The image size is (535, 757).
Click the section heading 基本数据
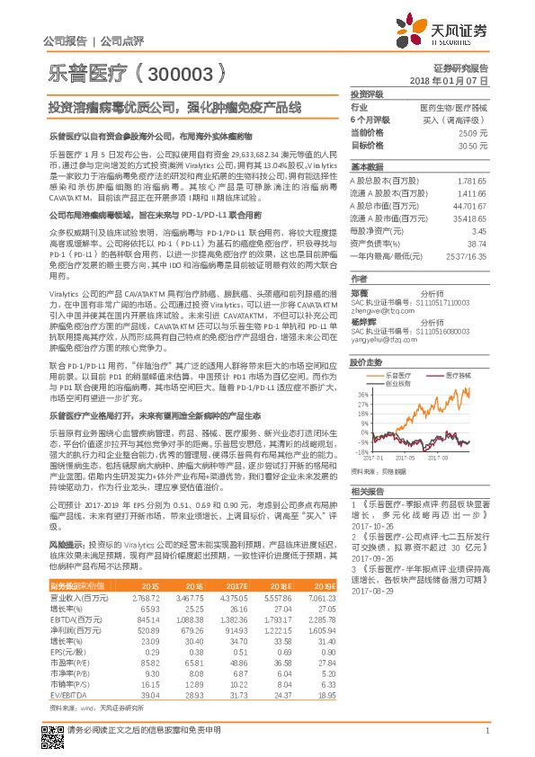366,168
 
